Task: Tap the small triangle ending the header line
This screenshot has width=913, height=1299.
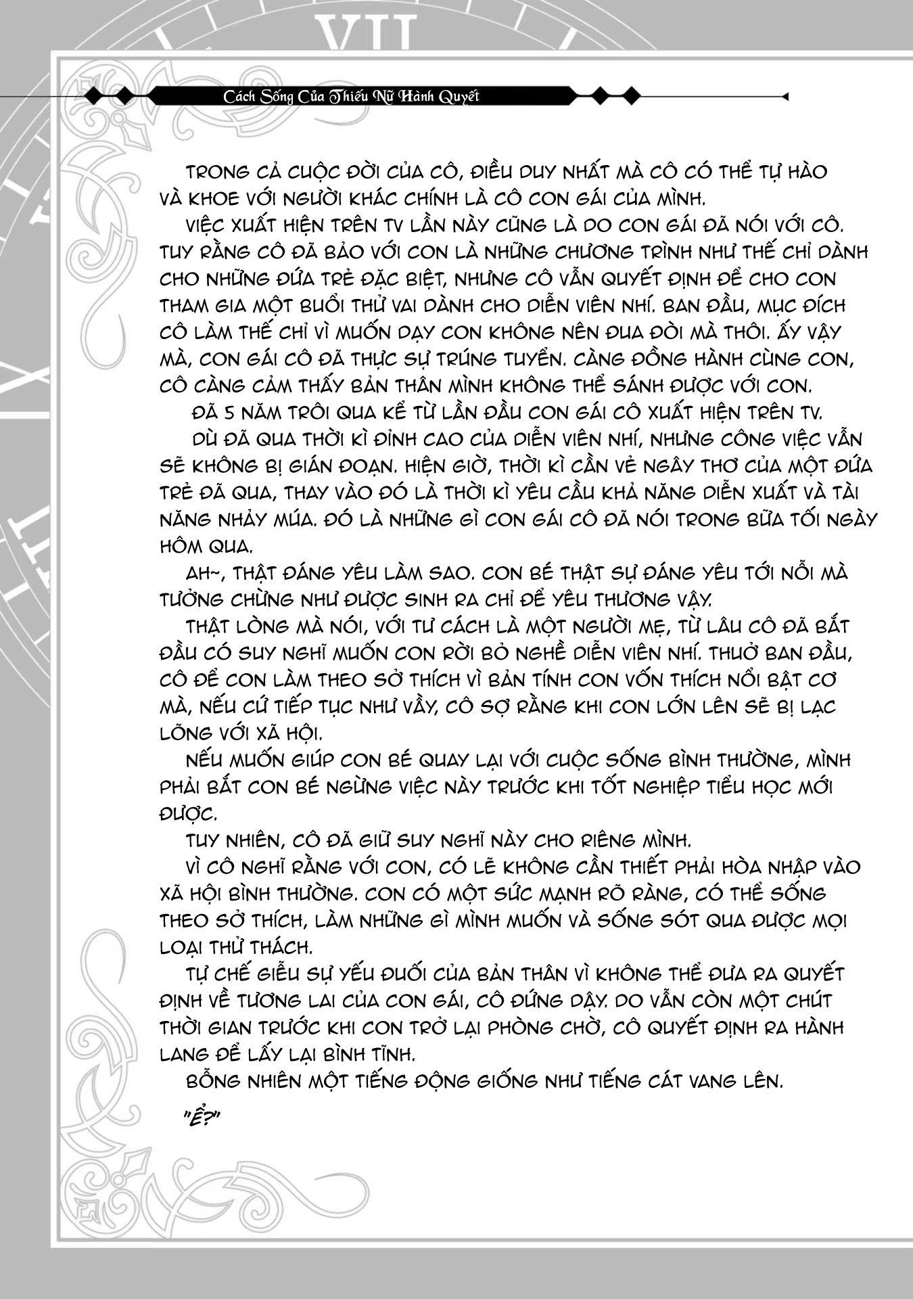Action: tap(785, 97)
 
